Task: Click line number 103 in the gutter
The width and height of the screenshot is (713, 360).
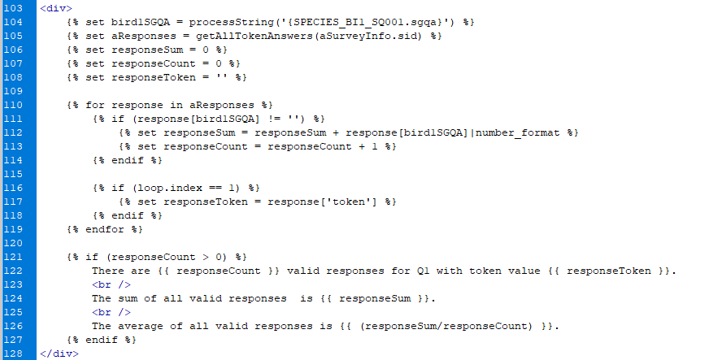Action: coord(13,8)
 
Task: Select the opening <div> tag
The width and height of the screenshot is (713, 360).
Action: coord(56,8)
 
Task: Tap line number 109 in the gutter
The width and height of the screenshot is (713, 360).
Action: coord(13,91)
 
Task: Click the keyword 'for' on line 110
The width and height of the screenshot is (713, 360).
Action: coord(95,105)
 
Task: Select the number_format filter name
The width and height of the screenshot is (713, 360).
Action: coord(517,132)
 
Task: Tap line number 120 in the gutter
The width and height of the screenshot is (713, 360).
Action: coord(13,243)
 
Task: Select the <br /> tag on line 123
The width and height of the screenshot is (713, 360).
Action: coord(111,284)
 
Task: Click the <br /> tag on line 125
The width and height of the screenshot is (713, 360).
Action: coord(111,312)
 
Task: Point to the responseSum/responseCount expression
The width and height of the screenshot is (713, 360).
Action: coord(446,327)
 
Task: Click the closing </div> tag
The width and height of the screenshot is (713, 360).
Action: coord(59,353)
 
